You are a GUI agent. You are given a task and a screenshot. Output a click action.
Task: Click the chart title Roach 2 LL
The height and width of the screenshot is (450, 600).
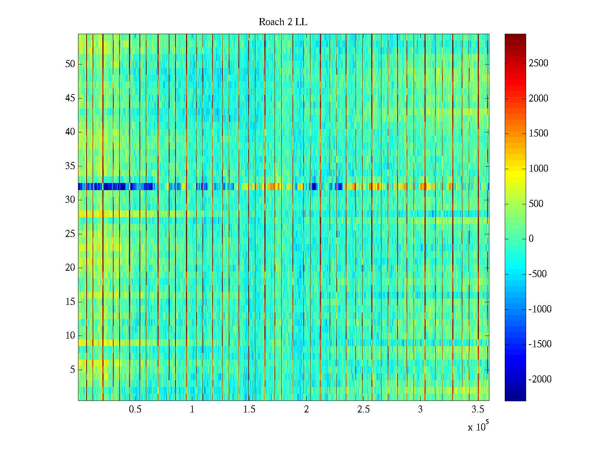pyautogui.click(x=283, y=22)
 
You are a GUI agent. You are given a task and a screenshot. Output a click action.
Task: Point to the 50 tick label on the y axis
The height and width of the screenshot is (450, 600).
pyautogui.click(x=70, y=64)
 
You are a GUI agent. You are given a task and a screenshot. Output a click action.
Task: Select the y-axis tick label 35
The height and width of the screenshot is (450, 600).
pyautogui.click(x=70, y=166)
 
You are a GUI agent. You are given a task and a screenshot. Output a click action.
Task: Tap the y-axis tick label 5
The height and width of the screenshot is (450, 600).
pyautogui.click(x=72, y=369)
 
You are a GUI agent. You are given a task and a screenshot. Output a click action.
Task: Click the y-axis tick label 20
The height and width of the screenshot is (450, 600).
pyautogui.click(x=70, y=268)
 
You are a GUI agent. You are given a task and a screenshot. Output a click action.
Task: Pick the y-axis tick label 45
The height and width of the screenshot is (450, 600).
pyautogui.click(x=70, y=98)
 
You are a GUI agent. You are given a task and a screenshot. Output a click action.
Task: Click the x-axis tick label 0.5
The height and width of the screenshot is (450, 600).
pyautogui.click(x=135, y=409)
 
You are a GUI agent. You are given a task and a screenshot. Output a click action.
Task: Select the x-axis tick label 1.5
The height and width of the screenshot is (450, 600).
pyautogui.click(x=249, y=409)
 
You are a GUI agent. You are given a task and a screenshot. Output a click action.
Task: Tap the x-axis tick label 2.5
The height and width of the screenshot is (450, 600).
pyautogui.click(x=363, y=409)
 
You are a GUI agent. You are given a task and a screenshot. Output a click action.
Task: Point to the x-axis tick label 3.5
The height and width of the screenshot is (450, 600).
pyautogui.click(x=477, y=409)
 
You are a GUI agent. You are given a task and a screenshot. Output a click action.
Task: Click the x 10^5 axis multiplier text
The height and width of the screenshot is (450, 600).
pyautogui.click(x=478, y=426)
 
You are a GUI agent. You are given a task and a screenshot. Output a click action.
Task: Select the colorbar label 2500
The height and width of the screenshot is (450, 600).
pyautogui.click(x=538, y=63)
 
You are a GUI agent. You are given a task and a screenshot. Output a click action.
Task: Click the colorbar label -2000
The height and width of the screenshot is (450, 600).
pyautogui.click(x=540, y=379)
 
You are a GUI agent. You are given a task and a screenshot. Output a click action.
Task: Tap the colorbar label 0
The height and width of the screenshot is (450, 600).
pyautogui.click(x=531, y=239)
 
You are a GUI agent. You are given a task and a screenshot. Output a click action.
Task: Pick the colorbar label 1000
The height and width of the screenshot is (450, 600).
pyautogui.click(x=538, y=169)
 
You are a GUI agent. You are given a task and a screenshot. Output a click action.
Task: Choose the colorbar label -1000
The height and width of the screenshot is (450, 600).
pyautogui.click(x=540, y=309)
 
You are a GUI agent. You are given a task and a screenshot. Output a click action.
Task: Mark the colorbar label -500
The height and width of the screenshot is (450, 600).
pyautogui.click(x=538, y=274)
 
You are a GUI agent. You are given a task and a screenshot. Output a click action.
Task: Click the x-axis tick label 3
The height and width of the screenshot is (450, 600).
pyautogui.click(x=420, y=409)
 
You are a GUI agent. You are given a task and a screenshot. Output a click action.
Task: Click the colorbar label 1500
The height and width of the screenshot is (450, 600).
pyautogui.click(x=538, y=133)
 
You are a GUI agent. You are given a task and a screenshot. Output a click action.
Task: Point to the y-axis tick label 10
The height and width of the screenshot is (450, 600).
pyautogui.click(x=70, y=336)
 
